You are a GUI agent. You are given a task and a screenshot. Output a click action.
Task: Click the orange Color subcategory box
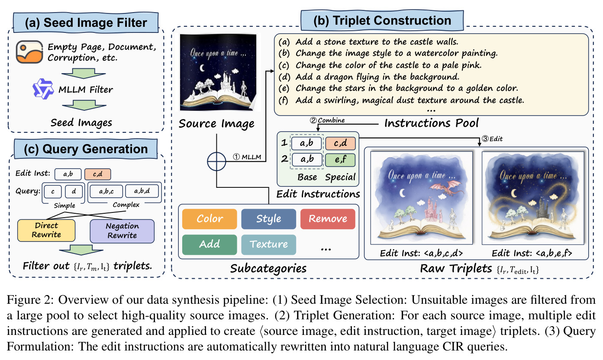pos(210,219)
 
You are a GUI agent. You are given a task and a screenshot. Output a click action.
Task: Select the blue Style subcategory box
pos(269,219)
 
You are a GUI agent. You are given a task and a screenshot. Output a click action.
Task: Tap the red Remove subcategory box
pos(328,219)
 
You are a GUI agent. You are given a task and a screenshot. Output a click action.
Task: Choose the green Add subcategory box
pos(210,244)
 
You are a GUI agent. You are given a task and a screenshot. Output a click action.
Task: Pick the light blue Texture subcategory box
pos(269,244)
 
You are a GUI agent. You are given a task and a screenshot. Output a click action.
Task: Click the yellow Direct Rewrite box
pos(46,231)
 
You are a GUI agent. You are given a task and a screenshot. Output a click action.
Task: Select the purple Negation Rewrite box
pos(122,231)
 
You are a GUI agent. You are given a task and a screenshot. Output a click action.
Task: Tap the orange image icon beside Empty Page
pos(29,52)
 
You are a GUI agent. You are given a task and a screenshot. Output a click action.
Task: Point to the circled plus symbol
pos(216,161)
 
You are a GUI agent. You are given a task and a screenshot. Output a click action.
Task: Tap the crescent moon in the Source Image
pos(202,68)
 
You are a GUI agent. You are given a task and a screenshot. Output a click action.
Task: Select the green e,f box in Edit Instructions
pos(340,160)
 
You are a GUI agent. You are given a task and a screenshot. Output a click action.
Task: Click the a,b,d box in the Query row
pos(142,191)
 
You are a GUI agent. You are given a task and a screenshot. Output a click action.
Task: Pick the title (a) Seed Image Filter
pos(86,22)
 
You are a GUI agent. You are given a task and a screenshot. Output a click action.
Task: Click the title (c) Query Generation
pos(86,149)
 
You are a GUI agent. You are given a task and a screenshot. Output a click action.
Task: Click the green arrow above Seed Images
pos(84,105)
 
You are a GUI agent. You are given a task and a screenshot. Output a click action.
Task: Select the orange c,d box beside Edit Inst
pos(97,174)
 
